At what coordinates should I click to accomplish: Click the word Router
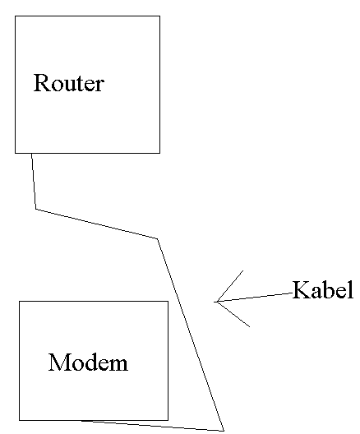69,83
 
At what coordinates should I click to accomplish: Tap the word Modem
88,362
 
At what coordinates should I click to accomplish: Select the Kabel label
323,290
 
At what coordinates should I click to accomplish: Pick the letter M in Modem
58,362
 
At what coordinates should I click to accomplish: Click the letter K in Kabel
301,290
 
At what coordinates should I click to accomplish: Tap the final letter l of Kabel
351,289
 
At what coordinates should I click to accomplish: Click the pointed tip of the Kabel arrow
215,302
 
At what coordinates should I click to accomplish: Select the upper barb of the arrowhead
230,286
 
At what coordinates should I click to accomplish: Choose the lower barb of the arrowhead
233,314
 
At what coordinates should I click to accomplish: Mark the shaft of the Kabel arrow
254,298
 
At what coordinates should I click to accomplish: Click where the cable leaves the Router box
31,153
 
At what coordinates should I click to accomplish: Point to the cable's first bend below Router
36,210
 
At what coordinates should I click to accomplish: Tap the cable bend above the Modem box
158,238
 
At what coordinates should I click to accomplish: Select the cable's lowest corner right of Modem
224,431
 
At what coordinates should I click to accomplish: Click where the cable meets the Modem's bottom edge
82,421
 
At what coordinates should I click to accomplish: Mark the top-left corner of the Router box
16,16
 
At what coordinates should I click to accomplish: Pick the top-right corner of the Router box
159,16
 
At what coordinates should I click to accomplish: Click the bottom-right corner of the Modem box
168,420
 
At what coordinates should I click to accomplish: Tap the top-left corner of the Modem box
20,301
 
